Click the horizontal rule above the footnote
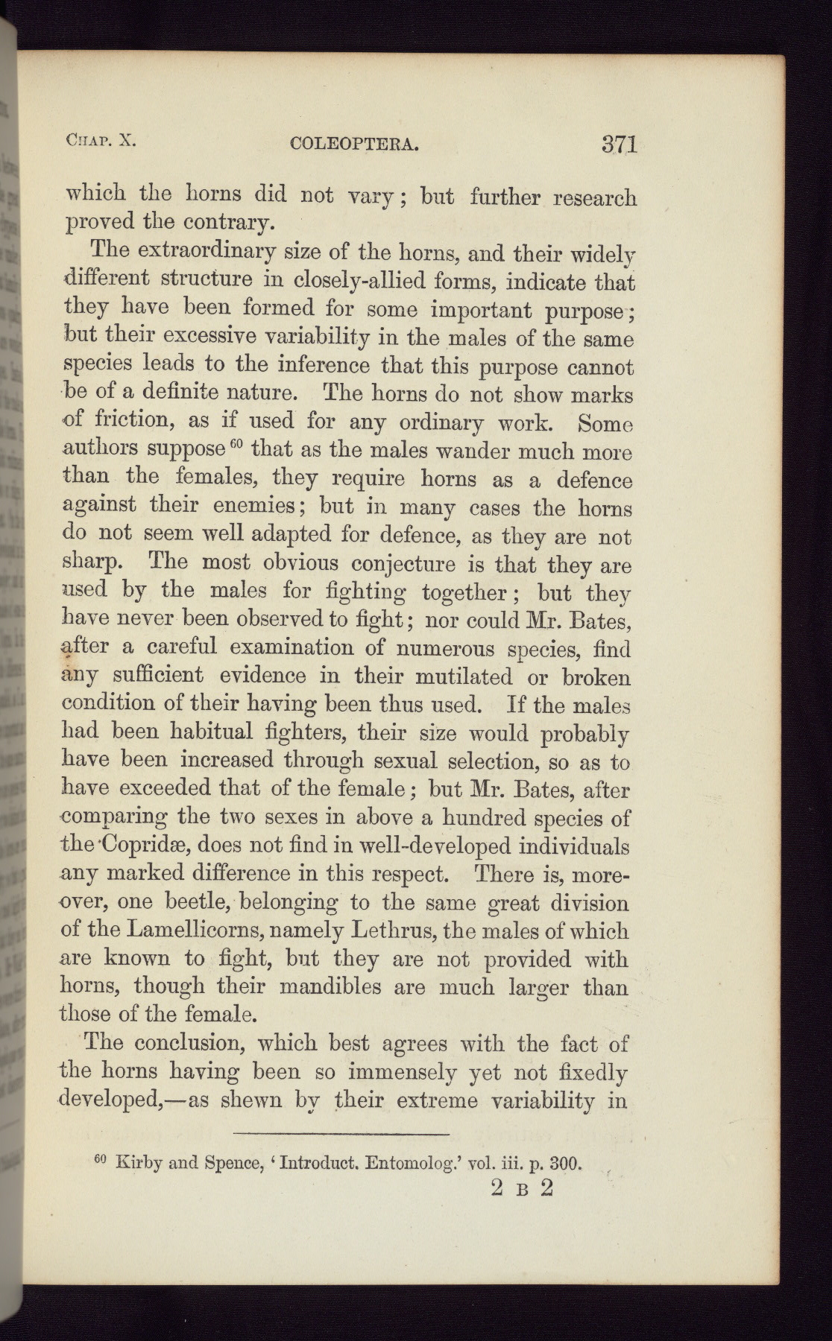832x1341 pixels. point(341,1133)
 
